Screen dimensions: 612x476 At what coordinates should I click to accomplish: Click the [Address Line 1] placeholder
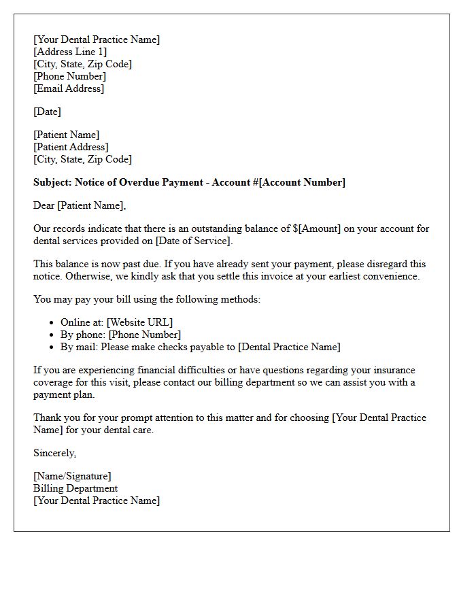(x=70, y=52)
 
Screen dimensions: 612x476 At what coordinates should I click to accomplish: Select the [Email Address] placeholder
(x=69, y=88)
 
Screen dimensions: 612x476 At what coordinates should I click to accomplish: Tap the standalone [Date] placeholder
(x=47, y=112)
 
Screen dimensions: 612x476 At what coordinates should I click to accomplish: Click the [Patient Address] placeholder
(x=71, y=147)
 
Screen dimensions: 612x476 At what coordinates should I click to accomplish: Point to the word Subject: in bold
(x=52, y=182)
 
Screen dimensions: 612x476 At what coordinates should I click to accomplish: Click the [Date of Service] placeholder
(x=193, y=241)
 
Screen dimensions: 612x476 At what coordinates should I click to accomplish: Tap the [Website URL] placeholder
(x=139, y=322)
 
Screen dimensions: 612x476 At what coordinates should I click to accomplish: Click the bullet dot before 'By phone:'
(x=53, y=335)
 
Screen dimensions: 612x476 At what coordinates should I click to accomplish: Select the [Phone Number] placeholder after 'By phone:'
(x=145, y=335)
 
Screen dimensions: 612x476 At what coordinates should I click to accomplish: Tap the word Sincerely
(x=54, y=453)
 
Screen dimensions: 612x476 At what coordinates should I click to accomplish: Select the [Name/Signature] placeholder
(x=72, y=476)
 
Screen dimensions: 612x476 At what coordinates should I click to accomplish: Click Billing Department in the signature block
(x=75, y=488)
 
